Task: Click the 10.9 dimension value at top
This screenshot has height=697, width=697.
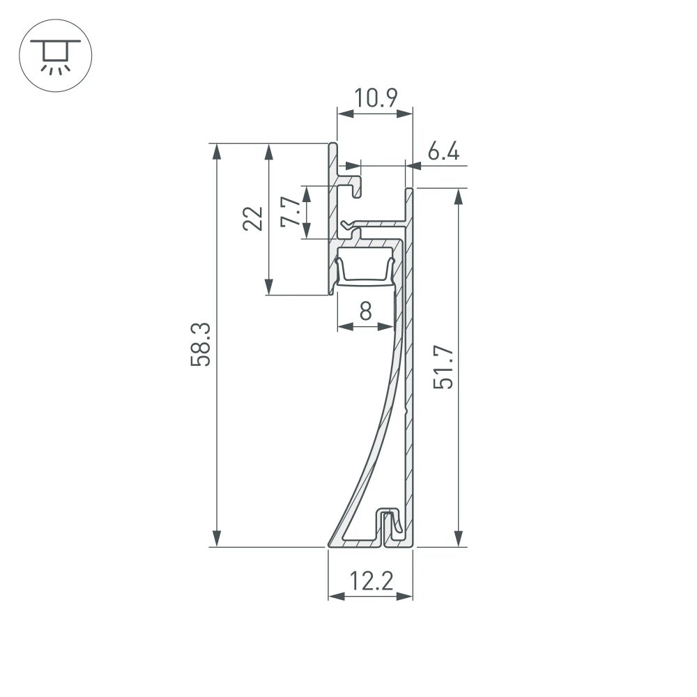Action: [x=374, y=98]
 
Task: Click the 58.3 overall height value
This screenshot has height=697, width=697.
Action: [x=201, y=346]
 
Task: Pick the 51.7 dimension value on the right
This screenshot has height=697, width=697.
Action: [x=443, y=368]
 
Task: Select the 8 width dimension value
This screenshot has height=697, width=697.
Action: [x=365, y=312]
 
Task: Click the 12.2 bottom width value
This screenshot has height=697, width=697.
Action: [x=370, y=581]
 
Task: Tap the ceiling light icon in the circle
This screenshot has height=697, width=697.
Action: [x=55, y=55]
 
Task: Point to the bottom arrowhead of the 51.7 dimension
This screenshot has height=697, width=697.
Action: [x=458, y=539]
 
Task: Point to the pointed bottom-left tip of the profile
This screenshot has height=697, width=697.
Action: [x=330, y=544]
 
